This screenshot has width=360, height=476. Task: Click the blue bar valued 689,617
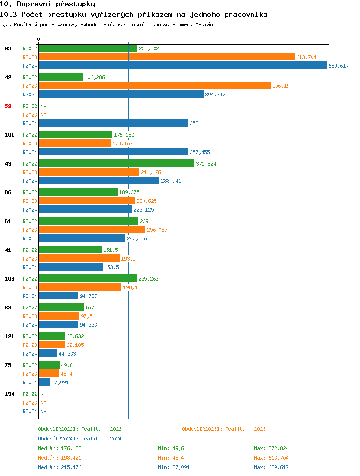point(183,66)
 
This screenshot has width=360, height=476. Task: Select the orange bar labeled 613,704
point(167,57)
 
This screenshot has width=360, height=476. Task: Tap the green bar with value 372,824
point(117,164)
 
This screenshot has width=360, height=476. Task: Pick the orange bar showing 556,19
point(155,86)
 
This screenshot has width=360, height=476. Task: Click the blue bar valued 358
point(113,123)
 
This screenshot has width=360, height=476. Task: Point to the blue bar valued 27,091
point(44,382)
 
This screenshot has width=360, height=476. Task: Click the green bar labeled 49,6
point(49,365)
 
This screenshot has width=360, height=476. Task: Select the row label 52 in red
point(8,106)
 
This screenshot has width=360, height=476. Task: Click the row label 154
point(9,394)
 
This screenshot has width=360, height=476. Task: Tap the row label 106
point(9,279)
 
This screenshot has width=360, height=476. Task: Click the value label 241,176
point(151,172)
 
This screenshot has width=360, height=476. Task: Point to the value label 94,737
point(88,296)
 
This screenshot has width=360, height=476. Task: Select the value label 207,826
point(137,238)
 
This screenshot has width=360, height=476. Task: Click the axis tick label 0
point(39,39)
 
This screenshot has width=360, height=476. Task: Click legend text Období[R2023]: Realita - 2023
point(224,429)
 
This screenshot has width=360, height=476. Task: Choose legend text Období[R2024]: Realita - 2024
point(80,439)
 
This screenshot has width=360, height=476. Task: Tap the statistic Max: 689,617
point(271,467)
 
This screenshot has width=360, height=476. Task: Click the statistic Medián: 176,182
point(60,448)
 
